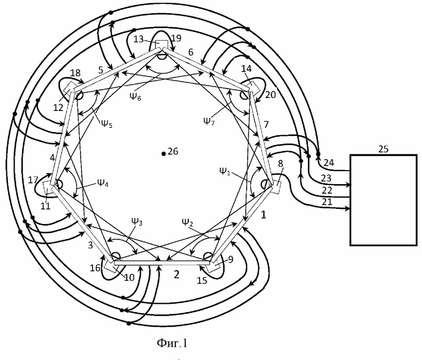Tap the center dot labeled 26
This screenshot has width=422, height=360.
pyautogui.click(x=163, y=154)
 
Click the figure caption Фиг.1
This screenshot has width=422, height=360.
pyautogui.click(x=172, y=343)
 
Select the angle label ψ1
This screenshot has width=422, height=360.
pyautogui.click(x=225, y=171)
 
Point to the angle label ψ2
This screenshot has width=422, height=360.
pyautogui.click(x=187, y=222)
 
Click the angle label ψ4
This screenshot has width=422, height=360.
pyautogui.click(x=103, y=183)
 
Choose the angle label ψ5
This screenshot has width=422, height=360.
pyautogui.click(x=107, y=123)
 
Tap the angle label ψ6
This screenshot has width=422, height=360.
pyautogui.click(x=135, y=96)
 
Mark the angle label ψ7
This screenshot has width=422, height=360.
pyautogui.click(x=209, y=121)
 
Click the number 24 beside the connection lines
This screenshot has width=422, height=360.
pyautogui.click(x=329, y=162)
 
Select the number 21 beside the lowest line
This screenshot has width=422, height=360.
pyautogui.click(x=327, y=202)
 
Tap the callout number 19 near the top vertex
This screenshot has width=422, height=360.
pyautogui.click(x=176, y=38)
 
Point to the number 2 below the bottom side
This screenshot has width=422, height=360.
pyautogui.click(x=176, y=274)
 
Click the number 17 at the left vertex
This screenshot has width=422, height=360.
pyautogui.click(x=33, y=180)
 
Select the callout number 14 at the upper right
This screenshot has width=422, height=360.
pyautogui.click(x=246, y=69)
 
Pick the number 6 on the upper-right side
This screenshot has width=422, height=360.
pyautogui.click(x=190, y=52)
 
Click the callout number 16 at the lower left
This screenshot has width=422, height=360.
pyautogui.click(x=95, y=268)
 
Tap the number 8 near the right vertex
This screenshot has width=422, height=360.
pyautogui.click(x=280, y=163)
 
